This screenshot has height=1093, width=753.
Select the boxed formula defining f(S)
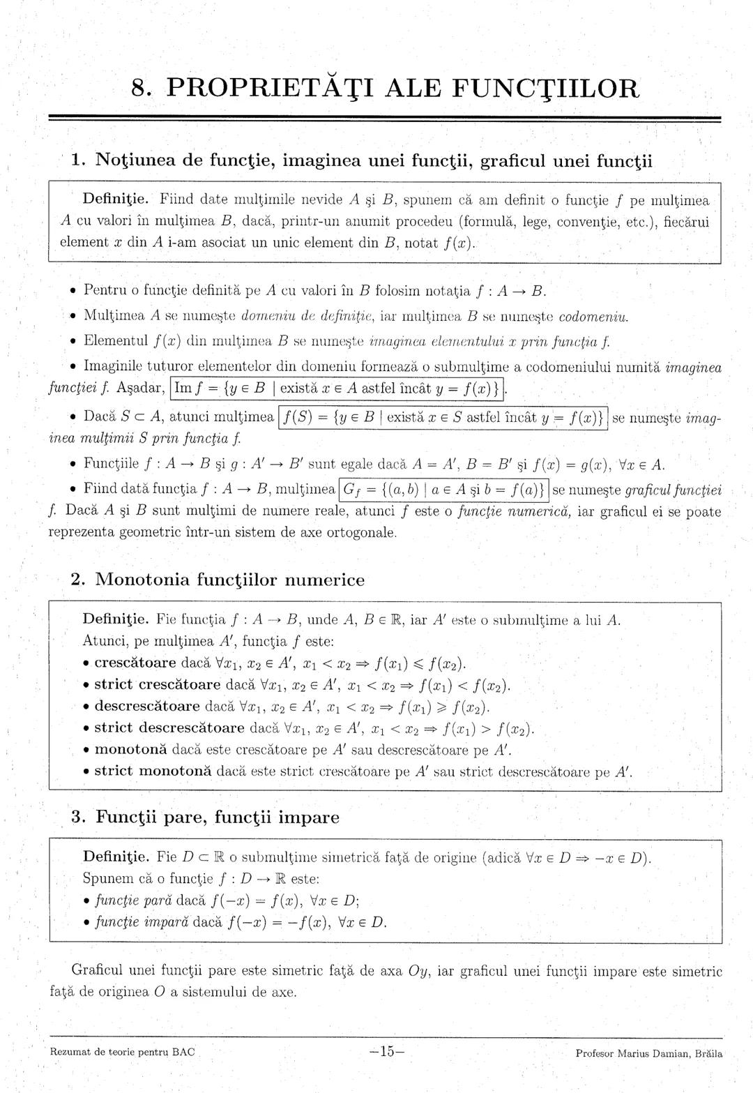443,419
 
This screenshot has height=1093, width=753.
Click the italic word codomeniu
594,317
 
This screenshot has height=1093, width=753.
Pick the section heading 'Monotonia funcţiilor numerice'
229,580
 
